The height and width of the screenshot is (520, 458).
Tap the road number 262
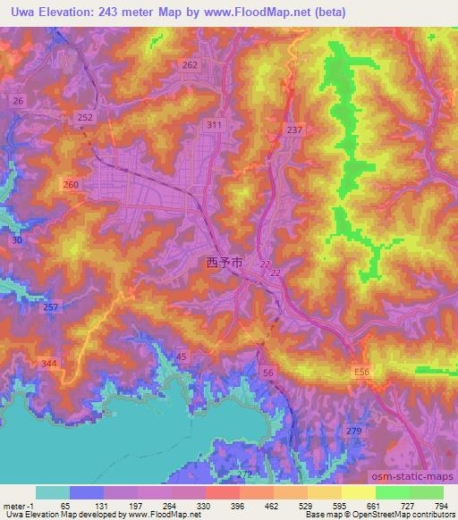tap(189, 65)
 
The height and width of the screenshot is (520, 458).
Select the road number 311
tap(213, 125)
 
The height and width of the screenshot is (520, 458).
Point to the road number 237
tap(294, 130)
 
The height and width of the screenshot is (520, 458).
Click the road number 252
tap(85, 118)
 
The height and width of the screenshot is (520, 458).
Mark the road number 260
tap(72, 184)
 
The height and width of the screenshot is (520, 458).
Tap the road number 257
tap(51, 307)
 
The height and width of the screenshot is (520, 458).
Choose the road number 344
tap(50, 362)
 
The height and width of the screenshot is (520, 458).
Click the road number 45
tap(181, 357)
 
